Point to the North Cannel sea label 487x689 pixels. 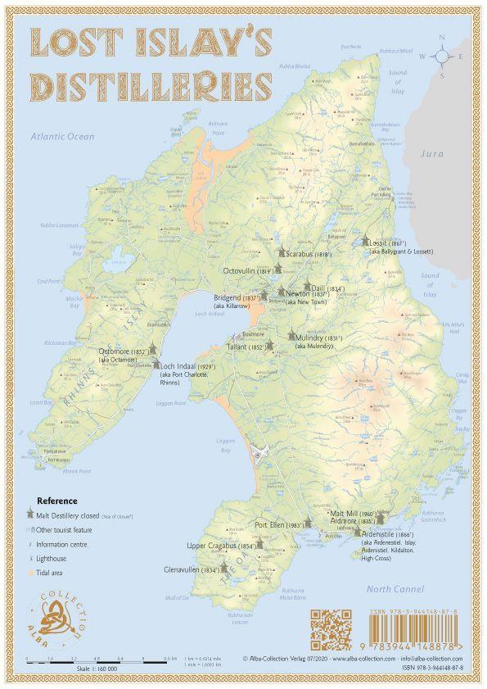pos(395,589)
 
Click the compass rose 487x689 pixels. pos(441,56)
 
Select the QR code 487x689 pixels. pos(331,629)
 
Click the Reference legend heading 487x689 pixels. pos(56,501)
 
